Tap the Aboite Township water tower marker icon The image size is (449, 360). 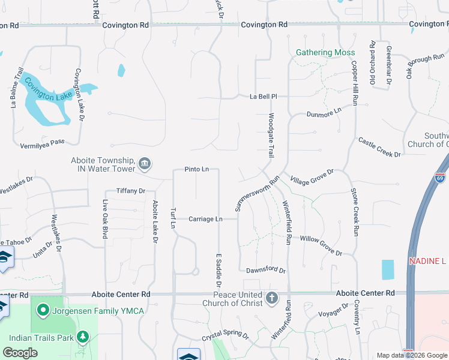tap(145, 164)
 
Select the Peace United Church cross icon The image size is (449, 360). tap(272, 298)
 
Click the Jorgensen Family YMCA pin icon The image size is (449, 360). tap(43, 310)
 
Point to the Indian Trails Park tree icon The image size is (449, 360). tap(83, 337)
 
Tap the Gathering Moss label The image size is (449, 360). tap(325, 53)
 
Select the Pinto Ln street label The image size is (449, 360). tap(196, 169)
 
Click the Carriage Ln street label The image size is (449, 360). tap(205, 219)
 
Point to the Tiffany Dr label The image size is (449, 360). tap(131, 191)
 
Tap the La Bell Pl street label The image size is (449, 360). tap(264, 96)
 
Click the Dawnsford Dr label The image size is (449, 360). tap(265, 271)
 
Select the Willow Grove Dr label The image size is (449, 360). tap(321, 245)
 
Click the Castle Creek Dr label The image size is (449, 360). tap(379, 148)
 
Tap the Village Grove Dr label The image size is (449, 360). tap(312, 176)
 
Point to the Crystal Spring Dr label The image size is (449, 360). tap(225, 335)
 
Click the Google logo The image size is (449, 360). tap(20, 353)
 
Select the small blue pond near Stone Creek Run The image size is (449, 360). tap(388, 269)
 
